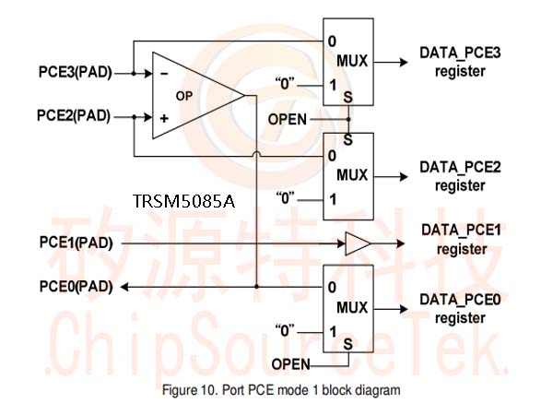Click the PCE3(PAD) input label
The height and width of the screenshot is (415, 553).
coord(76,72)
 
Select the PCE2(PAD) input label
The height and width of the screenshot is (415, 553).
coord(74,116)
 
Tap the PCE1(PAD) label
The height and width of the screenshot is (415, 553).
coord(76,243)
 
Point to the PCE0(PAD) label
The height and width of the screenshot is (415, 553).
coord(76,287)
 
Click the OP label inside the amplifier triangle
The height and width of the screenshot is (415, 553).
coord(184,96)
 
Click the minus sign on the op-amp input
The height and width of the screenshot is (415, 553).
coord(164,74)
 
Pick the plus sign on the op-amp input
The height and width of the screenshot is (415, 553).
coord(164,118)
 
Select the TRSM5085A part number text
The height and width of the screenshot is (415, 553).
coord(183,201)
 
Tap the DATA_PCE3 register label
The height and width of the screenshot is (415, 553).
coord(460,62)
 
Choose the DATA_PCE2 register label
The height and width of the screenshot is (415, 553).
coord(460,176)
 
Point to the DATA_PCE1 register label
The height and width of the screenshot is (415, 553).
coord(462,240)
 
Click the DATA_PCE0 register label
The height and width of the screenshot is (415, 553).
coord(460,309)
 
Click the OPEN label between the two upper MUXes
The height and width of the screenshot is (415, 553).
coord(288,119)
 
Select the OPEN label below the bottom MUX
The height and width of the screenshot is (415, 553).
coord(291,364)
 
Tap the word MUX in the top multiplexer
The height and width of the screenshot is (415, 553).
coord(352,61)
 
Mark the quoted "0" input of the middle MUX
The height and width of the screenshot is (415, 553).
coord(285,198)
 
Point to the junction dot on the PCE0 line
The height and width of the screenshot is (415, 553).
coord(257,287)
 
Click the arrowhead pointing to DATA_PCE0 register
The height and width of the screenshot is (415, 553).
coord(404,309)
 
